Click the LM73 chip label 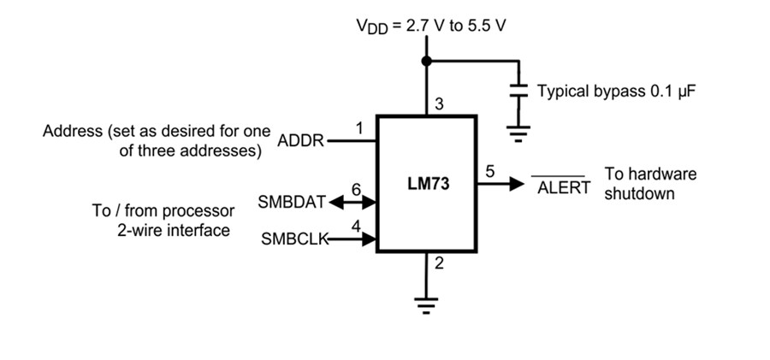[428, 185]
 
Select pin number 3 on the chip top [440, 105]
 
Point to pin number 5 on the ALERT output [489, 171]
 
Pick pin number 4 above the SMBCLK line [355, 227]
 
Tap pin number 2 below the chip [439, 263]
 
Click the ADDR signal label [301, 141]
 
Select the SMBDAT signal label [292, 203]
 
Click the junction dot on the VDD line [426, 62]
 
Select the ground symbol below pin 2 [426, 301]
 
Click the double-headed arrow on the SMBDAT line [352, 203]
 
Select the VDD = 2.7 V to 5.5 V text [431, 25]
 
